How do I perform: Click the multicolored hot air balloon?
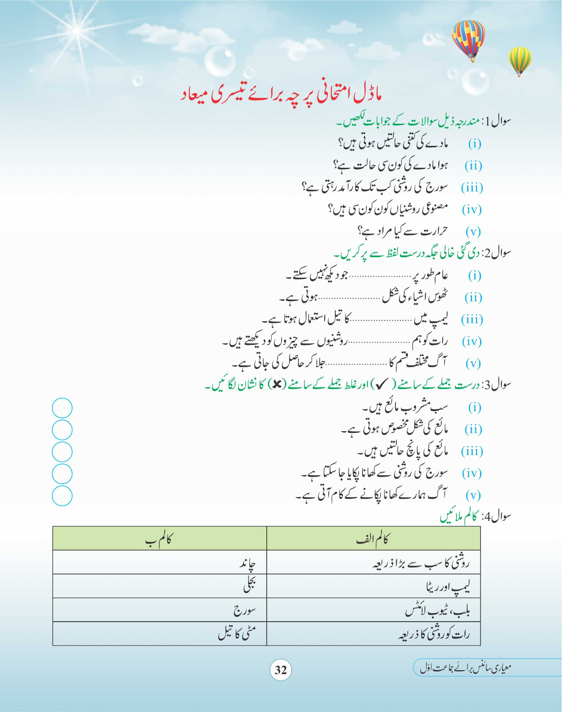[468, 39]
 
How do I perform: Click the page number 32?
[281, 670]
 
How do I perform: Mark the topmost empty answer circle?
[62, 408]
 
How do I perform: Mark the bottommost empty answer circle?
[62, 496]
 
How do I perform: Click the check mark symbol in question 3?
[382, 384]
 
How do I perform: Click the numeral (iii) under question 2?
[472, 320]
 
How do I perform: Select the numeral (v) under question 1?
[473, 231]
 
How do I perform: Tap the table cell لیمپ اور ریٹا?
[447, 587]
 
